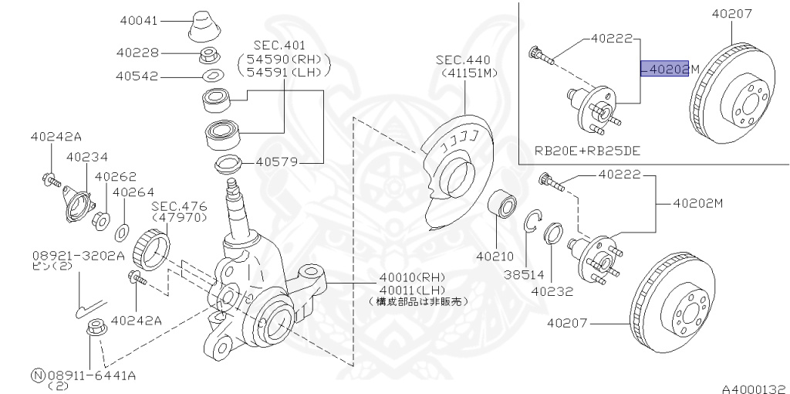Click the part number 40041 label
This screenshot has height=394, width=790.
(139, 21)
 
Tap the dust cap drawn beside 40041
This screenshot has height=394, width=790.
(204, 25)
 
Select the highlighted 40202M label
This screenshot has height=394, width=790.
(664, 69)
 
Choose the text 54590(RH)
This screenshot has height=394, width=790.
(284, 59)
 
